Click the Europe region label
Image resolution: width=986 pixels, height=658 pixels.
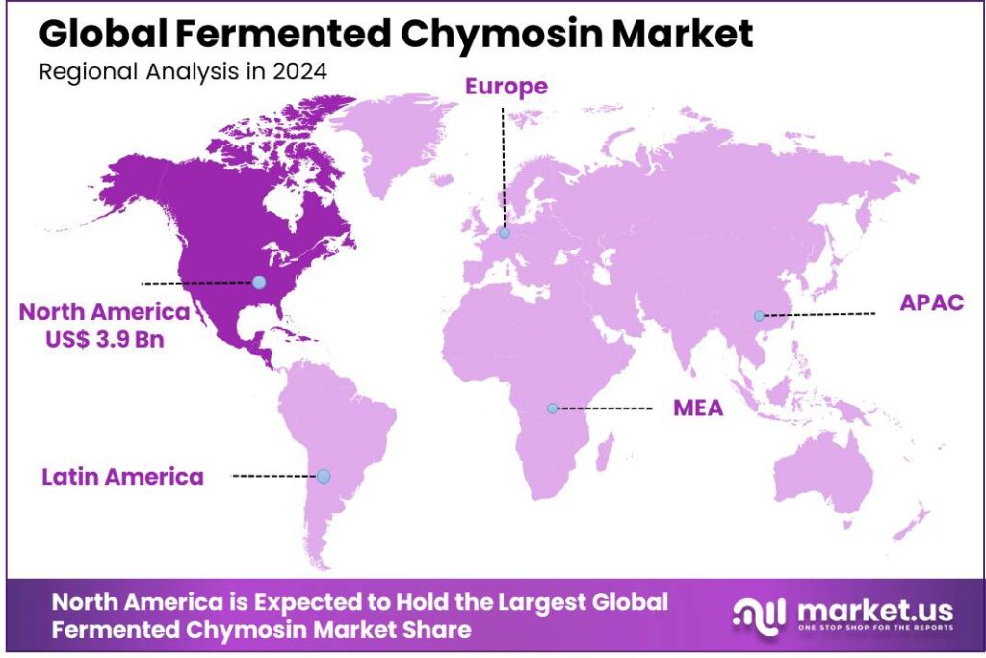point(506,87)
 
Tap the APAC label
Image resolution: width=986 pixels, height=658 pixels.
point(931,303)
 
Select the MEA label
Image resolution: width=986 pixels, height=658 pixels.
point(698,408)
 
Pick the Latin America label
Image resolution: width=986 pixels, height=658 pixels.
point(122,476)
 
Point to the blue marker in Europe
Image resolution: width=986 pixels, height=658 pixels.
point(504,232)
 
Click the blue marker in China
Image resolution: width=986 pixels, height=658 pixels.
point(759,316)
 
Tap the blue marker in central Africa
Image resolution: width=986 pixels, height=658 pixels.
point(552,408)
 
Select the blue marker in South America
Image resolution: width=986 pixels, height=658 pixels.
point(324,476)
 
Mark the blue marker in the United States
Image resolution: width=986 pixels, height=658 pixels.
point(258,282)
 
